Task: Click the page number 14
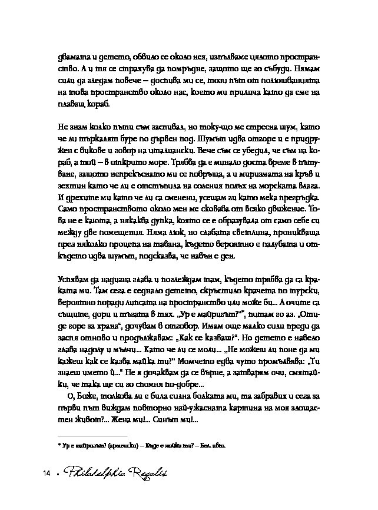click(45, 473)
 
